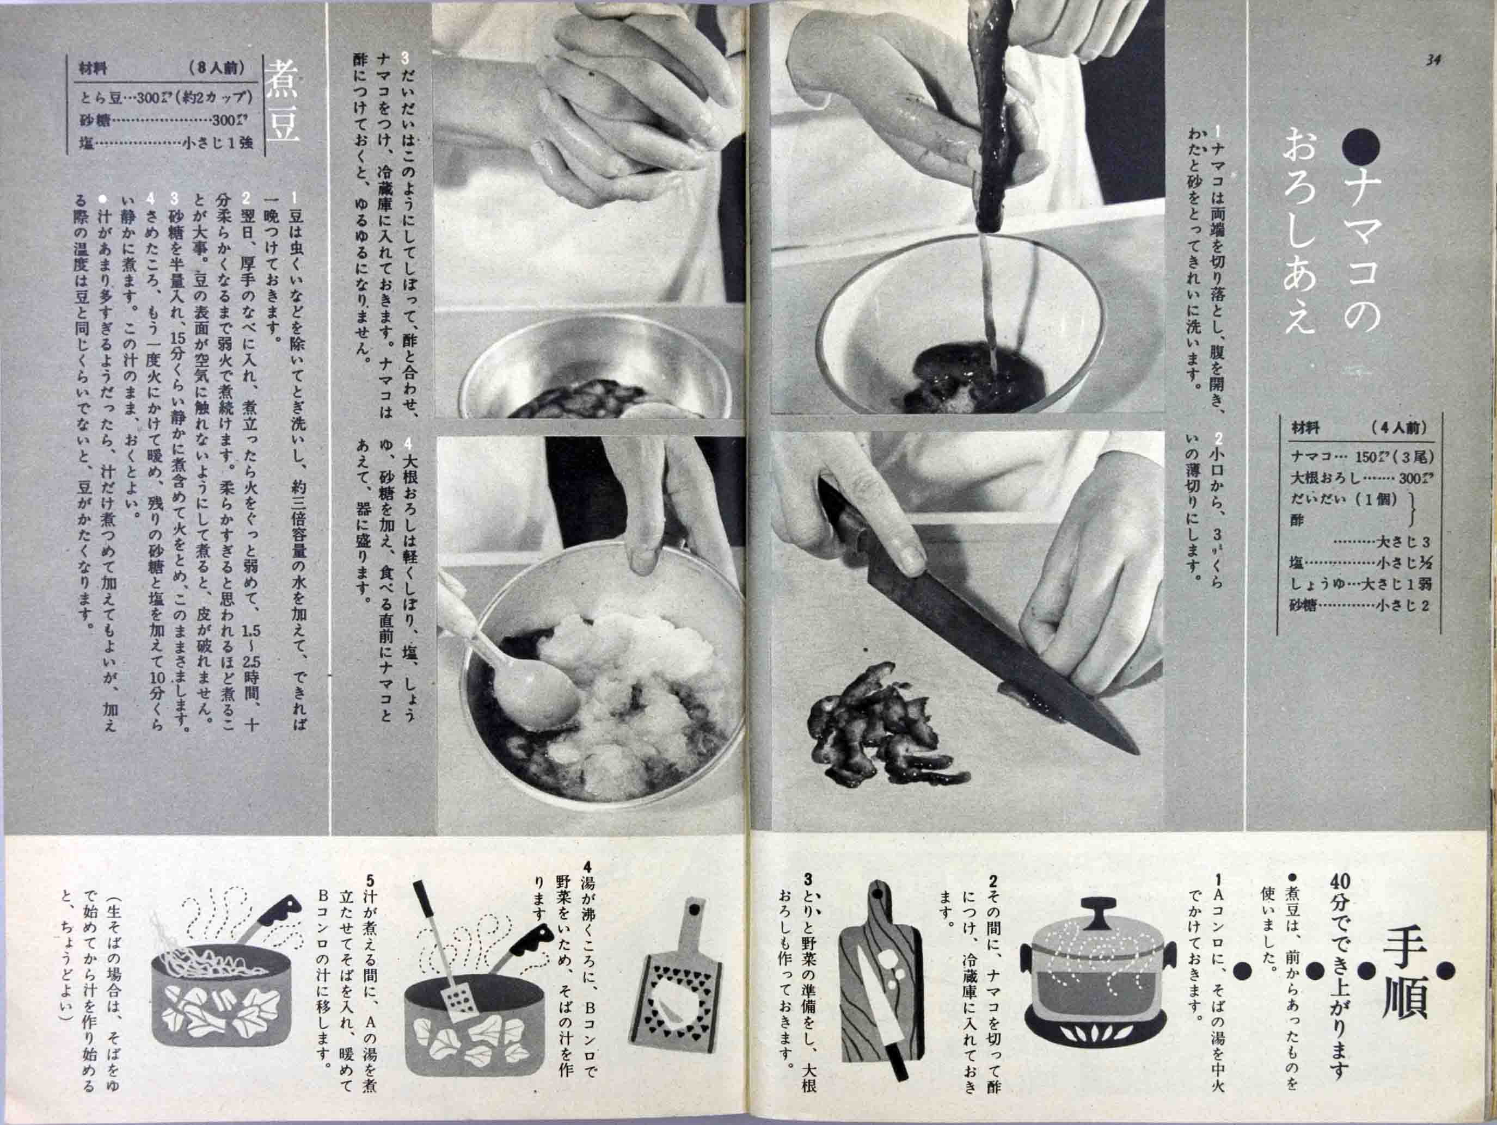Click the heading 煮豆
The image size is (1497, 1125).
(281, 102)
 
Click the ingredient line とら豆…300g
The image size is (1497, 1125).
(166, 98)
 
